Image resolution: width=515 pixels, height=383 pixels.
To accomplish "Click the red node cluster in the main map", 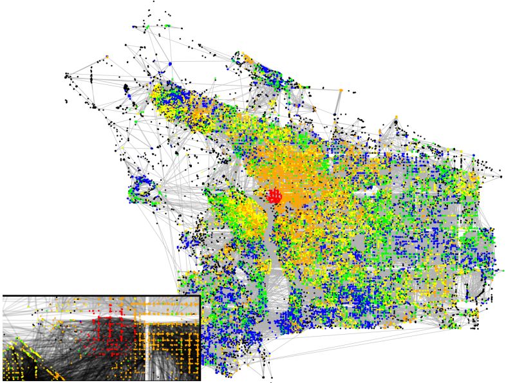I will [275, 195].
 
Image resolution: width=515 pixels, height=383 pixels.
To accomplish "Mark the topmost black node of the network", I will [153, 2].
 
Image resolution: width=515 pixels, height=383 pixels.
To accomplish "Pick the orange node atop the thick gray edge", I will [341, 91].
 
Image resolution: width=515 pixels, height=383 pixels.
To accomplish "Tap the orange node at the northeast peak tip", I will [396, 117].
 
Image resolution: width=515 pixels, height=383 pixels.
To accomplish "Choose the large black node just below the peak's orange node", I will [395, 123].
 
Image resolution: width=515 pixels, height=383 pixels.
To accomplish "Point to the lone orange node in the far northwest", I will [107, 57].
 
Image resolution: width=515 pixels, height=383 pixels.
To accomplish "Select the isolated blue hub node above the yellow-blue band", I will [171, 64].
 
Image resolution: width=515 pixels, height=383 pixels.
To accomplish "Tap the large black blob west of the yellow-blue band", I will [126, 89].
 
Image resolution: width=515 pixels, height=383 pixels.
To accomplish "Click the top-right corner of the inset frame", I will [200, 295].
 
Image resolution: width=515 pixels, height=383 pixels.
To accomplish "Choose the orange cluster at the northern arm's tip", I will [247, 59].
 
